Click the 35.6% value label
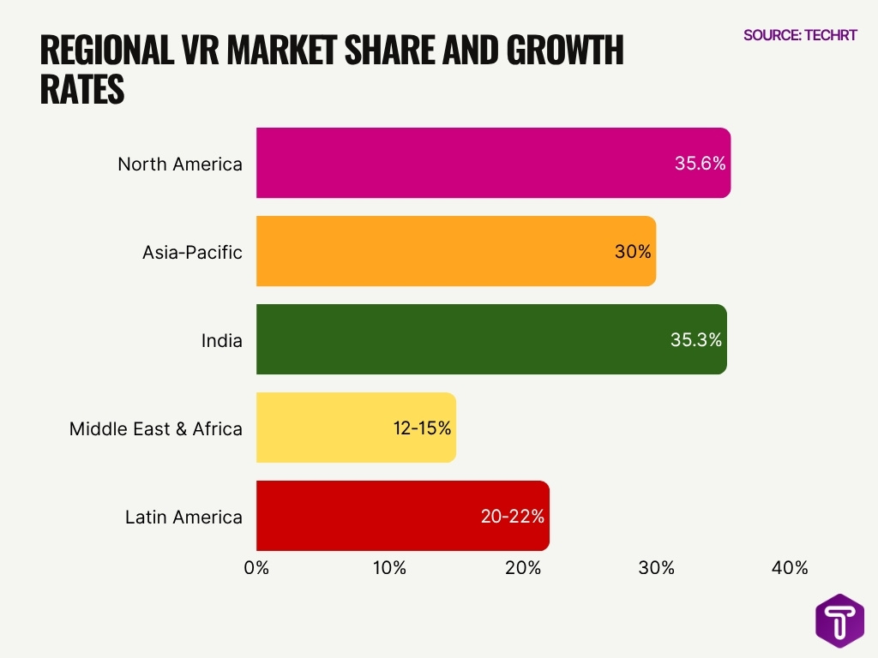coord(700,164)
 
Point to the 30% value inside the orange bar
coord(633,252)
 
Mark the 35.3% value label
coord(696,340)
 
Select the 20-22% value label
coord(513,517)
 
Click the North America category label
coord(180,164)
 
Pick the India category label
coord(222,340)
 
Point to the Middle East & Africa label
coord(156,428)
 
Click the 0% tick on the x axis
coord(256,568)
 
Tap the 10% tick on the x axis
coord(389,568)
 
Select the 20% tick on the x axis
coord(523,568)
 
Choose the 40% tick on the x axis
coord(790,568)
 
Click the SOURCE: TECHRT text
coord(800,35)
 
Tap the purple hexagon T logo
coord(839,620)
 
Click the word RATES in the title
coord(82,90)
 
